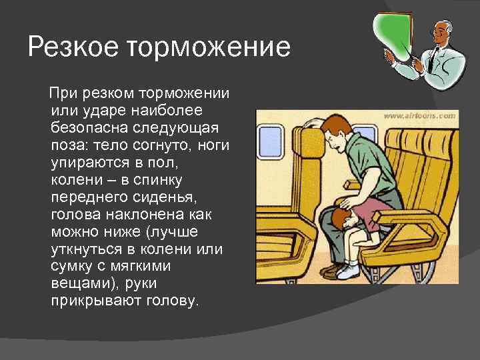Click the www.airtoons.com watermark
[419, 115]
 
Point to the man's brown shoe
[331, 270]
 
